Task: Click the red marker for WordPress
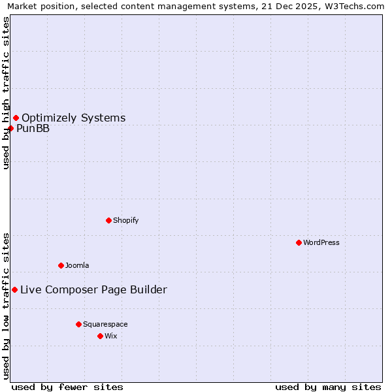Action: click(299, 242)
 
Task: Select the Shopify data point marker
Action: click(108, 220)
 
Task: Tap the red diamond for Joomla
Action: click(61, 265)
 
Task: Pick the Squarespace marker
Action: click(78, 324)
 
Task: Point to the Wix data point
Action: click(100, 336)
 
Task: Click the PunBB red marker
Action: click(10, 128)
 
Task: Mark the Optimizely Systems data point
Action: click(16, 118)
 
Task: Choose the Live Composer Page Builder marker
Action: click(14, 289)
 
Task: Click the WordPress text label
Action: click(321, 242)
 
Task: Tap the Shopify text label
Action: click(126, 220)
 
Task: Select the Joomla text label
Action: click(77, 265)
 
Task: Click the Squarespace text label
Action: click(105, 324)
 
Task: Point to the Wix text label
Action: click(111, 336)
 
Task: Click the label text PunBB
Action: click(33, 128)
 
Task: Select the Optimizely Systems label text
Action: click(74, 118)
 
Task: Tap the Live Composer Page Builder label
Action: click(93, 290)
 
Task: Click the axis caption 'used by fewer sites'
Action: click(67, 387)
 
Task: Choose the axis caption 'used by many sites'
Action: click(328, 387)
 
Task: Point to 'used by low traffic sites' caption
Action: click(7, 306)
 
